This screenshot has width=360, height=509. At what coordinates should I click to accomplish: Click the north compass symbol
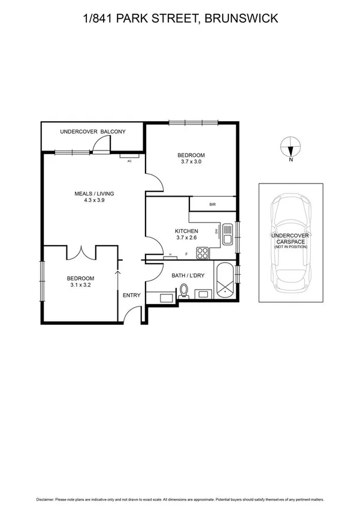291,146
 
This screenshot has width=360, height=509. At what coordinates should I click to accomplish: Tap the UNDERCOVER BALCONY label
92,131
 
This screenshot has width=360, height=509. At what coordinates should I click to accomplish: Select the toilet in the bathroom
184,291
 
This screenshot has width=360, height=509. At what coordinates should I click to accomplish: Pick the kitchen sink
227,235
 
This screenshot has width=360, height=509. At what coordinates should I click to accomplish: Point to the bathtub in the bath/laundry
225,281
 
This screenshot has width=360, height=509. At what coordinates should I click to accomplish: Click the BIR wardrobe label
212,204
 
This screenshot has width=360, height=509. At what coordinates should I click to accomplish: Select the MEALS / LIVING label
94,194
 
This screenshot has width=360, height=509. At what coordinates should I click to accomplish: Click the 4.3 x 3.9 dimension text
94,200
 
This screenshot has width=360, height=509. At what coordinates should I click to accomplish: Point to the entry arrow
117,277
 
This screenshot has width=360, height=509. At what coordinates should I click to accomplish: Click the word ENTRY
131,295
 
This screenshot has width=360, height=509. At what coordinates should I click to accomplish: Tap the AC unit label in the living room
129,161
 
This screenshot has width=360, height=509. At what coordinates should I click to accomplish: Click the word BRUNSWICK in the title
241,19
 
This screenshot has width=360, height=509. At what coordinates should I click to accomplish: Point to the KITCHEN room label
186,231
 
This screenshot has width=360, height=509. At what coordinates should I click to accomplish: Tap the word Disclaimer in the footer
45,499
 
